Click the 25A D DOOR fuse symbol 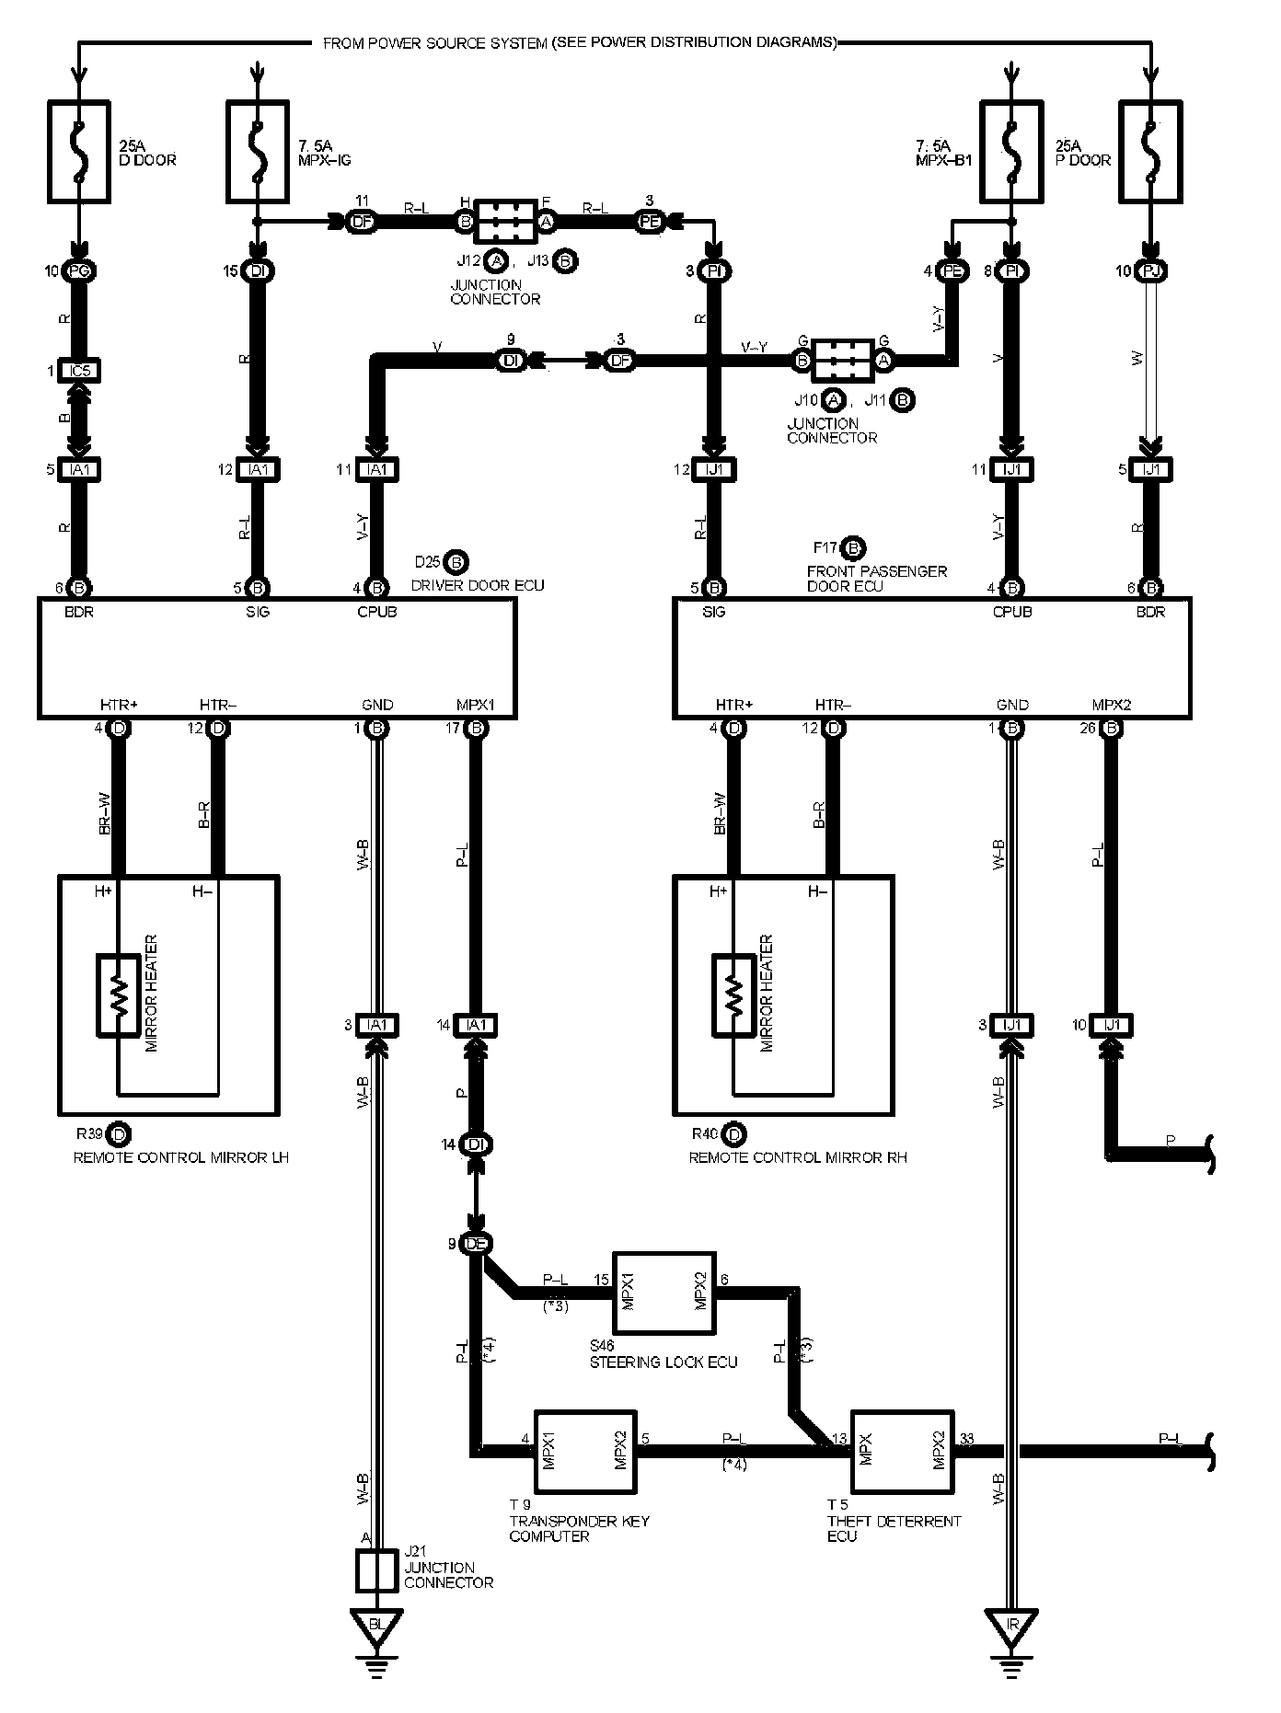pos(78,152)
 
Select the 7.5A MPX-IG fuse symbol pos(259,152)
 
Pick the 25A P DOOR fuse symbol pos(1150,152)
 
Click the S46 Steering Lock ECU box pos(664,1293)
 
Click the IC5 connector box pos(79,371)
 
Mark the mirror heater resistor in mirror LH pos(118,996)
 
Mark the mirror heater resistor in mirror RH pos(733,996)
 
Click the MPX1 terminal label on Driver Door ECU pos(476,705)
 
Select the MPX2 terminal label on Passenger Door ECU pos(1111,705)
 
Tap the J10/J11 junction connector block pos(842,360)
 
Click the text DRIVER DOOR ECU pos(478,585)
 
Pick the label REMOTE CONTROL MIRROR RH pos(798,1157)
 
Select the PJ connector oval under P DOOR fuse pos(1150,271)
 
